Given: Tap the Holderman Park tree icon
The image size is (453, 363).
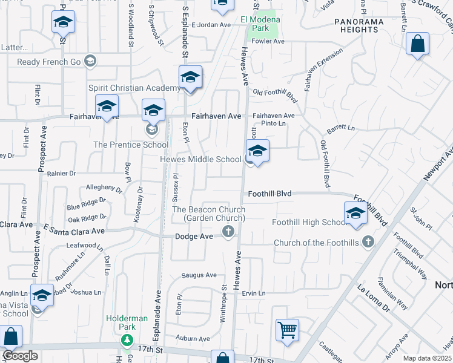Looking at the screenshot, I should (127, 341).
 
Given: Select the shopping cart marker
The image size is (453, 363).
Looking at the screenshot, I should (287, 330).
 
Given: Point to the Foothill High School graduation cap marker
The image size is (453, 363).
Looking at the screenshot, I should (355, 214).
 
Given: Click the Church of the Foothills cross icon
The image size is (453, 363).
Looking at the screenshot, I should (367, 243).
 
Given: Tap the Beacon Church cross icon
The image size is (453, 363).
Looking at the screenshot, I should (228, 231).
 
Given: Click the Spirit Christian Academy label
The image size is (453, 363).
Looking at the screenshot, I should (134, 88).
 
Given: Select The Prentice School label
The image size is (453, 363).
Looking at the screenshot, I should (131, 145).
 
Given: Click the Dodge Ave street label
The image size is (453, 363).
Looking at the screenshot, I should (194, 236).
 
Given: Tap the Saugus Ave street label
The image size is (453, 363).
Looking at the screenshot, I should (200, 275).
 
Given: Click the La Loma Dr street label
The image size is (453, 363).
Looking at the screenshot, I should (373, 299).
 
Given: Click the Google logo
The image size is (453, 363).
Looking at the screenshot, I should (21, 356).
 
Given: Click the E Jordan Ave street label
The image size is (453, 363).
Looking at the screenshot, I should (211, 25).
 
